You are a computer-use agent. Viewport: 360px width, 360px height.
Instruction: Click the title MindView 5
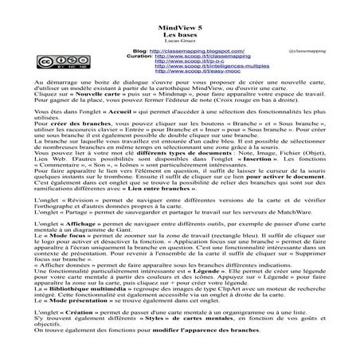point(179,25)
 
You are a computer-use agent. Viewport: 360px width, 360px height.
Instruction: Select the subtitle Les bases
point(179,34)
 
